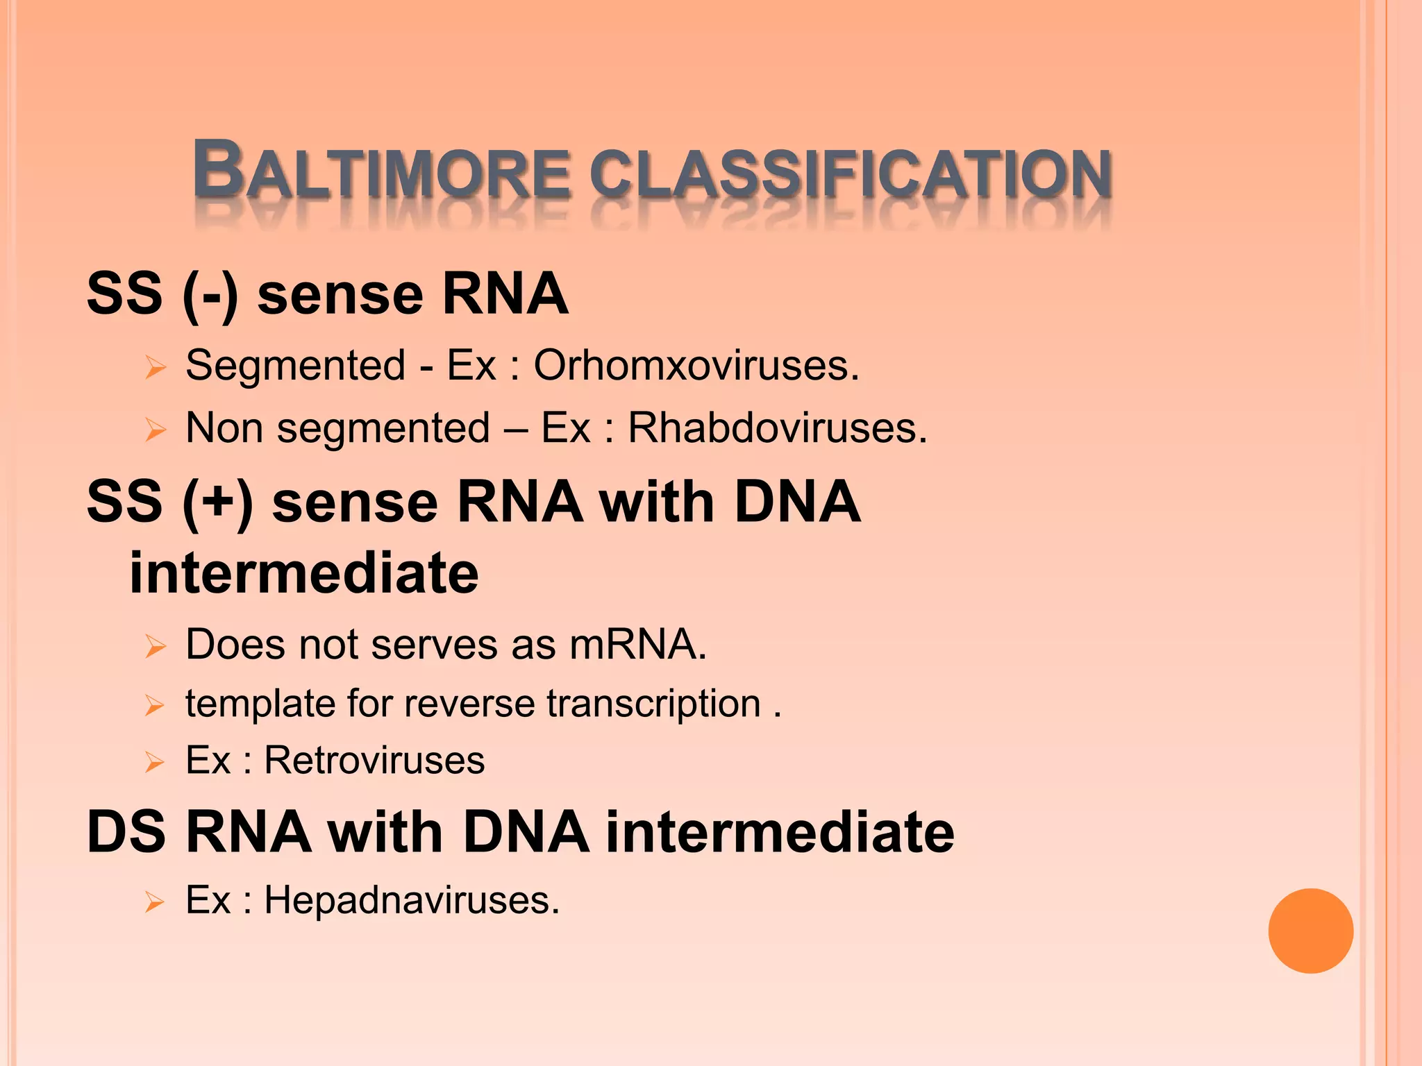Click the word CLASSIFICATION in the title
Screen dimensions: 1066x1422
(x=851, y=174)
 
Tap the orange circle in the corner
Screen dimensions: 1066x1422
(x=1310, y=931)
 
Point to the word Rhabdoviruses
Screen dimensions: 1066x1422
(x=777, y=428)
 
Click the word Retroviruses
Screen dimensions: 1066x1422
(x=374, y=760)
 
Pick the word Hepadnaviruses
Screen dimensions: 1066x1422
(x=411, y=900)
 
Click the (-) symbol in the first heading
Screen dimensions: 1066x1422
(x=210, y=294)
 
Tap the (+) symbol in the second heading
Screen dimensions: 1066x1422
(x=217, y=502)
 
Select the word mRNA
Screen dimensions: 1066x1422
(x=637, y=644)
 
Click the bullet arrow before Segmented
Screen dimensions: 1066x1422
(x=156, y=367)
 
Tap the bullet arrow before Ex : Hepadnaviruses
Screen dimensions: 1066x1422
(x=154, y=902)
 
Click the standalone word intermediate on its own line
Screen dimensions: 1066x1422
(x=303, y=573)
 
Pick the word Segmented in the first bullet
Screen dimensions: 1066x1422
(x=295, y=365)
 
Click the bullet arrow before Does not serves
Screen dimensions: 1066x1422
(x=156, y=646)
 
